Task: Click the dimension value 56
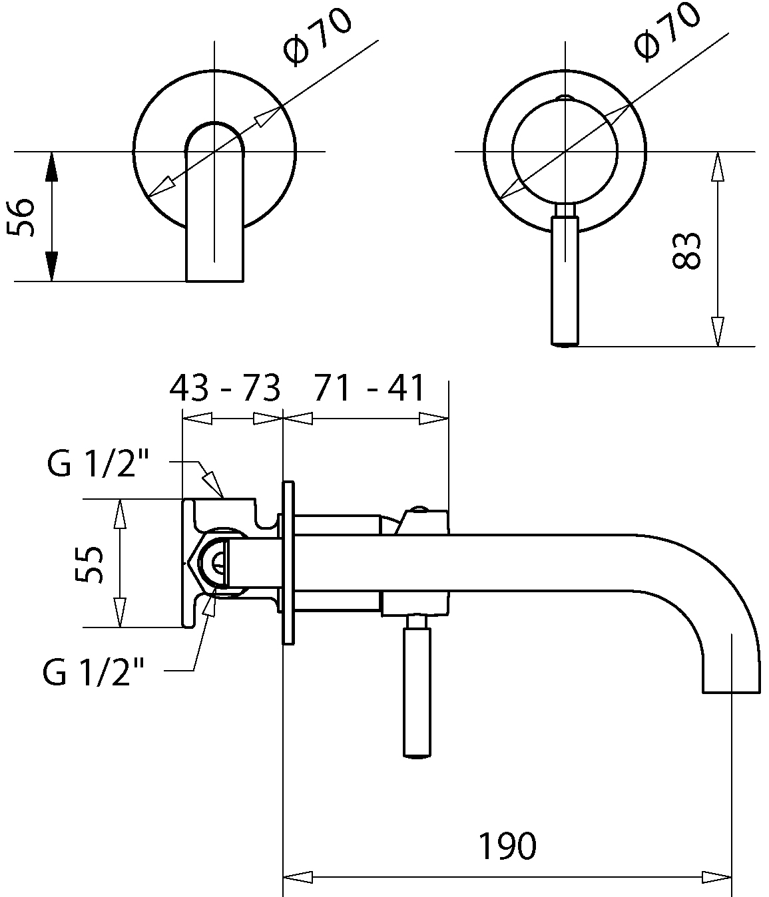(21, 217)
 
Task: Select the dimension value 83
(686, 251)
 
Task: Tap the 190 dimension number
(507, 846)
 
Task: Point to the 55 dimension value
(89, 564)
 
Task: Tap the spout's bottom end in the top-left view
(214, 281)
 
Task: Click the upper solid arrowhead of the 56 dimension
(52, 167)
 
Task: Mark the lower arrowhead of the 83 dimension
(717, 331)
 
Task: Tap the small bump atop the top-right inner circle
(565, 97)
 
